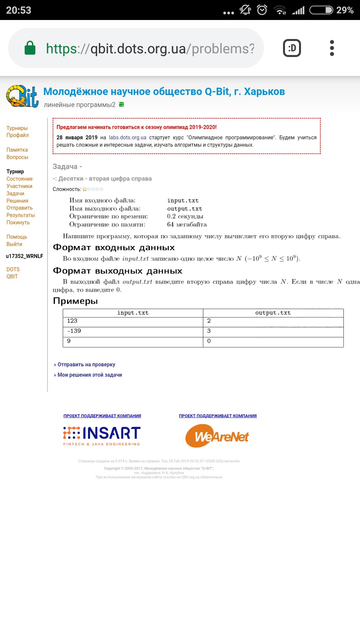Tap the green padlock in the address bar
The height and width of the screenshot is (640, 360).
coord(30,48)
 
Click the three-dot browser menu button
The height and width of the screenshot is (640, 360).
coord(332,48)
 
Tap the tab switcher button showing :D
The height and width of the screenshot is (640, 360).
coord(292,48)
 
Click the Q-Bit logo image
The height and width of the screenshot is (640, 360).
coord(22,96)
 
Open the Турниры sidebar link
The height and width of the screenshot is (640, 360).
coord(17,128)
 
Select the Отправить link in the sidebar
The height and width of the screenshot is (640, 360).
coord(19,208)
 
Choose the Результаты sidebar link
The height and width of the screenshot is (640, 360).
coord(21,215)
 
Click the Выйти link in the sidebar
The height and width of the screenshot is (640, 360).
coord(14,244)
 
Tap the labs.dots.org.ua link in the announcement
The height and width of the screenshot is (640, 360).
coord(128,137)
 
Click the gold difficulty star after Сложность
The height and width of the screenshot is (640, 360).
coord(85,189)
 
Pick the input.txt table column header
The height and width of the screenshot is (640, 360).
coord(133,313)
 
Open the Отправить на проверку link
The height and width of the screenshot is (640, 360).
coord(86,364)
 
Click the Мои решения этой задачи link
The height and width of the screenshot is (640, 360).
coord(89,375)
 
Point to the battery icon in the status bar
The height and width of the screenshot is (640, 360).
coord(321,10)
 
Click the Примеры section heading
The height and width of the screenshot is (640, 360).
coord(75,301)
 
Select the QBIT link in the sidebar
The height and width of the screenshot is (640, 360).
coord(12,276)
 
